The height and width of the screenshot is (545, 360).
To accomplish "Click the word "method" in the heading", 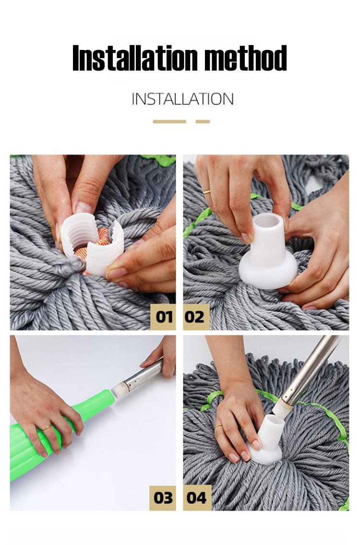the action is click(245, 58).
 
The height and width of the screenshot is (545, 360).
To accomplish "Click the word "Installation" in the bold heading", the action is click(135, 58).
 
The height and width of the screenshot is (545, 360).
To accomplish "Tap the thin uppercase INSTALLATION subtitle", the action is click(182, 99).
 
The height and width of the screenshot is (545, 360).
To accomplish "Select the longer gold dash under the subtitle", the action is click(169, 121).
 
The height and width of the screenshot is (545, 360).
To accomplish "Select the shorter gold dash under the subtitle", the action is click(203, 121).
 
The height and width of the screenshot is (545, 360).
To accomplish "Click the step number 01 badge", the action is click(163, 316).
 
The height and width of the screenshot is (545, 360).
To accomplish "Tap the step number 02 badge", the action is click(196, 316).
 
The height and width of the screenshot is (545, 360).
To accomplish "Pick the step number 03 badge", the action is click(163, 498).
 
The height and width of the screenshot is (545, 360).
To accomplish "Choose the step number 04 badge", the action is click(197, 498).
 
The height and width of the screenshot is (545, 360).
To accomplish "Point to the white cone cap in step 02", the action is click(268, 252).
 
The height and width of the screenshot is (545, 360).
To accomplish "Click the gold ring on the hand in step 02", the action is click(206, 191).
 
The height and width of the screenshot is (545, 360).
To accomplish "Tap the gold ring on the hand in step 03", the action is click(47, 427).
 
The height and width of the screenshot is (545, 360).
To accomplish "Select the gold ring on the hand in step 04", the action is click(218, 426).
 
